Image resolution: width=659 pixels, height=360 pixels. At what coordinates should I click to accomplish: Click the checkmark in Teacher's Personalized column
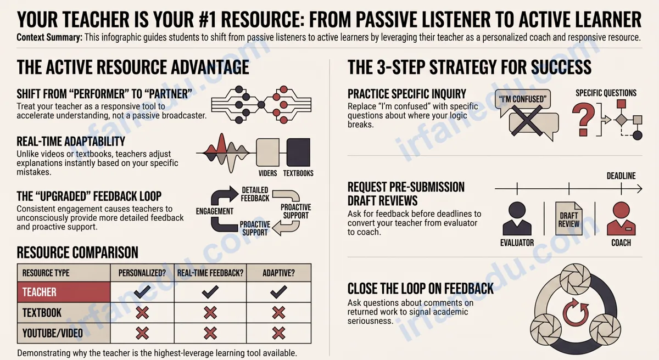point(142,292)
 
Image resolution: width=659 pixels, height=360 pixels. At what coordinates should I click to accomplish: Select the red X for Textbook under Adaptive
point(278,313)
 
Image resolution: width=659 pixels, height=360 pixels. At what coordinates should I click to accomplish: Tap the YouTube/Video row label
point(53,333)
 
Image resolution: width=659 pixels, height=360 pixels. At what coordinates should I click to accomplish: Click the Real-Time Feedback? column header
point(210,273)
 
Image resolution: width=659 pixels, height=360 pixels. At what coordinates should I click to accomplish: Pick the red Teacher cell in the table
point(64,292)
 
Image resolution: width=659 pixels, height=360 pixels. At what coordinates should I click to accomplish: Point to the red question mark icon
point(583,119)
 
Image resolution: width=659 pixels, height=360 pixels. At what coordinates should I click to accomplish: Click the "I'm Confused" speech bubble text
point(522,99)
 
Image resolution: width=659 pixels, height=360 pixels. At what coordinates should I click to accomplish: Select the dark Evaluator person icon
point(517,218)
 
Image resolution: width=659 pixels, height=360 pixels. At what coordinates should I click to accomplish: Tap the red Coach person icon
point(621,218)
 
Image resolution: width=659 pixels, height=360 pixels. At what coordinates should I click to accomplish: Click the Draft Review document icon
point(569,218)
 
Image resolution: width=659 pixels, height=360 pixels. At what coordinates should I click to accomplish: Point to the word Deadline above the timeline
point(621,176)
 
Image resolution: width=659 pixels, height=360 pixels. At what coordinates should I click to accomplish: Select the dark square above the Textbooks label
point(298,153)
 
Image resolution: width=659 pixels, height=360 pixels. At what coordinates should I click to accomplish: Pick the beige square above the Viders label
point(268,153)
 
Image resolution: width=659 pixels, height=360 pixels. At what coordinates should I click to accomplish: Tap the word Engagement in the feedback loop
point(215,211)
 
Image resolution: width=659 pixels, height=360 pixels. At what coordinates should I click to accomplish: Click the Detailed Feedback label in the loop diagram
point(255,194)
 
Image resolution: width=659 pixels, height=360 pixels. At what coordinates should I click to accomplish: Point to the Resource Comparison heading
point(77,252)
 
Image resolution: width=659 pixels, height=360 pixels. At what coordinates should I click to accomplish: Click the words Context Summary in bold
point(49,37)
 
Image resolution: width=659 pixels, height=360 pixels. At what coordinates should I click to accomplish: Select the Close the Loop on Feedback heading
point(421,289)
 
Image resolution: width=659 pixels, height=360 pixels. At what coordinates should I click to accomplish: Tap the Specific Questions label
point(606,93)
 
